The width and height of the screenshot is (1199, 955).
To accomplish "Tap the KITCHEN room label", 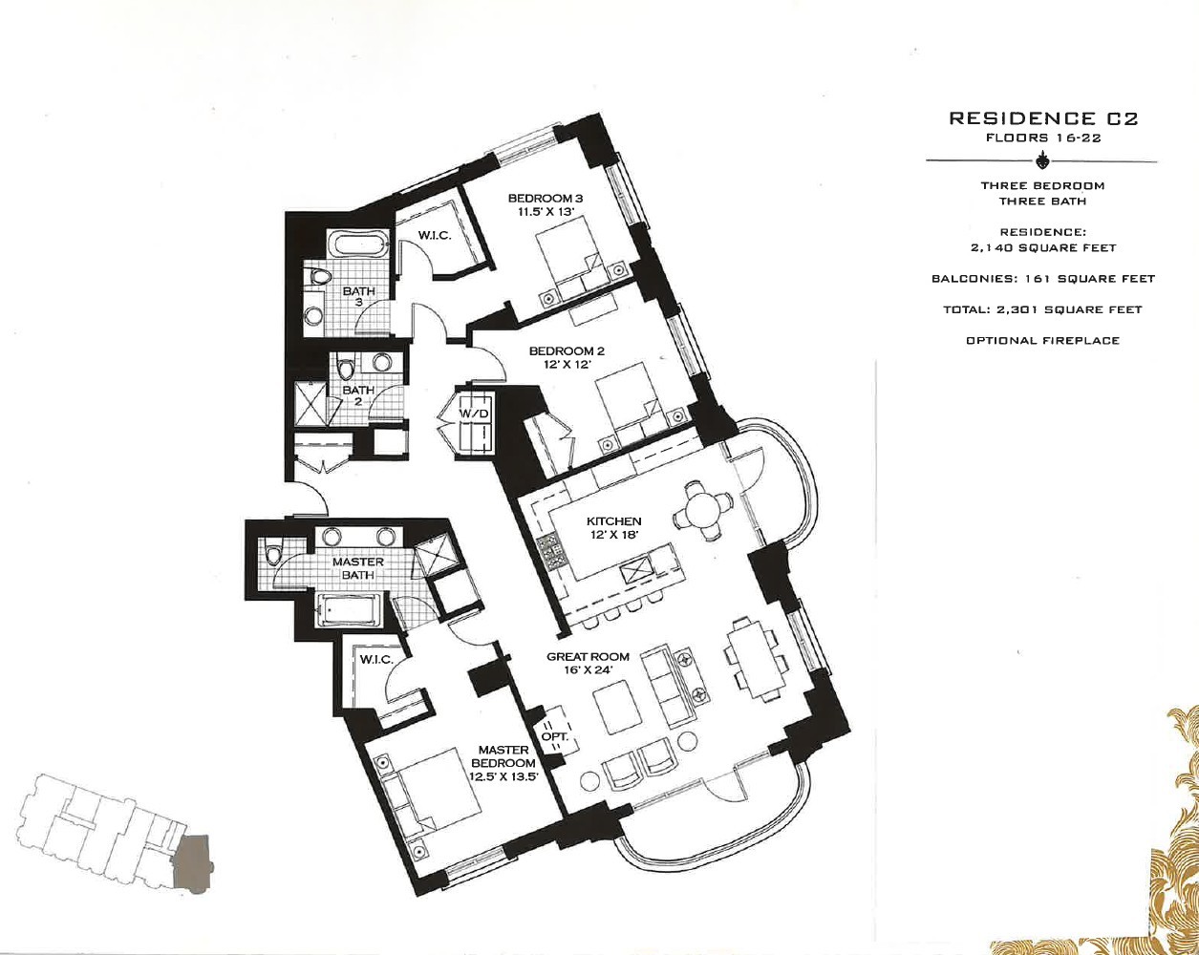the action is point(614,521).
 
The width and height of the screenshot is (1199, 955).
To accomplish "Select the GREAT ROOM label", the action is point(588,656).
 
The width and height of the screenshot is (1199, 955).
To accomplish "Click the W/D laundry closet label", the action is point(474,414).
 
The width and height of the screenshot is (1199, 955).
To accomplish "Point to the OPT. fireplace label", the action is point(555,736).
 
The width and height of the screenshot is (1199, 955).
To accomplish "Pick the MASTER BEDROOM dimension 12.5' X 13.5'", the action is point(503,776).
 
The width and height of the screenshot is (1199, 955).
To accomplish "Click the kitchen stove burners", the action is point(550,551).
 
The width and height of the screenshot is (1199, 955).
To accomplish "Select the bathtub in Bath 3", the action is point(357,244).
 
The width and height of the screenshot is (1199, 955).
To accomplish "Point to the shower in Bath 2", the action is point(310,403).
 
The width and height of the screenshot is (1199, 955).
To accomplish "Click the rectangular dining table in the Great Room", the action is point(752,658).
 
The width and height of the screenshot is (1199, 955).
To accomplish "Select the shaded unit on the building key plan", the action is point(193,863).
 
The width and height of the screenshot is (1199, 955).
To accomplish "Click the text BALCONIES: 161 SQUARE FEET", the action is point(1043,279).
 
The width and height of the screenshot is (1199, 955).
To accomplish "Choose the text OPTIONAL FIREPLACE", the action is point(1043,340).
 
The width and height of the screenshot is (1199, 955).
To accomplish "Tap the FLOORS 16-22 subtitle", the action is point(1043,138).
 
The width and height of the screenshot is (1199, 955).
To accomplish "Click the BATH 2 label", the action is point(358,395).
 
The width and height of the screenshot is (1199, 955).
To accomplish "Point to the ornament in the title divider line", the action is point(1042,161).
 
